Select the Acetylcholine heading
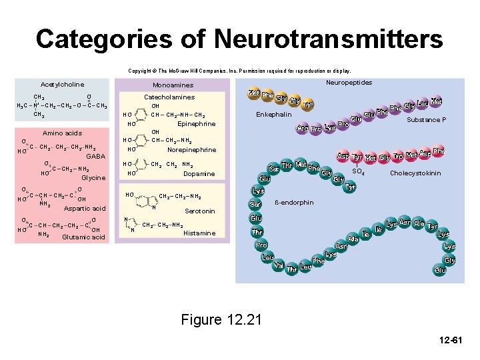coord(63,85)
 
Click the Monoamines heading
coord(173,85)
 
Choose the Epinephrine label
coord(197,124)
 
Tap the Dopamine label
coord(199,173)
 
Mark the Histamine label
coord(199,233)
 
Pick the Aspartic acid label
coord(85,209)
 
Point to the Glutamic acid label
coord(83,237)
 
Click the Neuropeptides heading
coord(349,83)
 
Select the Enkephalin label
coord(274,115)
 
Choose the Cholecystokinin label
coord(415,173)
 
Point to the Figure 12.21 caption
coord(221,320)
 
